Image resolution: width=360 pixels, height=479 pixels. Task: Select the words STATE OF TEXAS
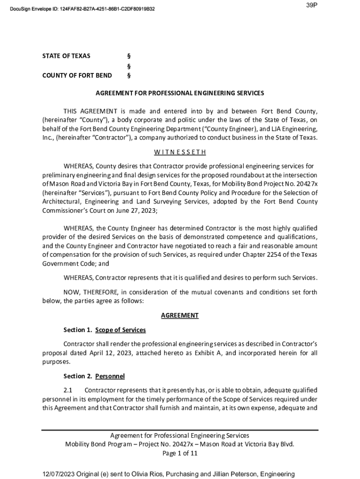(x=66, y=56)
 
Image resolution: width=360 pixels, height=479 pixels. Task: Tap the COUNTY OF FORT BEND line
(x=77, y=75)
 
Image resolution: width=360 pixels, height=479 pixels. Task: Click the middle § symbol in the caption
(x=129, y=66)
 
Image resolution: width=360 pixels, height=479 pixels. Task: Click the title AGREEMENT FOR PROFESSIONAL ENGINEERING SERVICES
(x=180, y=93)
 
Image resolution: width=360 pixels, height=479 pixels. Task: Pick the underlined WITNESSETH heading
(x=180, y=152)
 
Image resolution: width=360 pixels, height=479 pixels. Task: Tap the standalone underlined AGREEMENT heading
(x=180, y=316)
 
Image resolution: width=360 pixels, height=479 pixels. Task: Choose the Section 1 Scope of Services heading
(x=105, y=330)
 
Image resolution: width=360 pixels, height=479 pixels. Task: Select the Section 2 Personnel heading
(x=94, y=376)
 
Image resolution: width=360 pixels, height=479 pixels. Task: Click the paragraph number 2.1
(x=68, y=390)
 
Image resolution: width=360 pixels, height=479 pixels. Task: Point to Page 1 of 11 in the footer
(x=180, y=453)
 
